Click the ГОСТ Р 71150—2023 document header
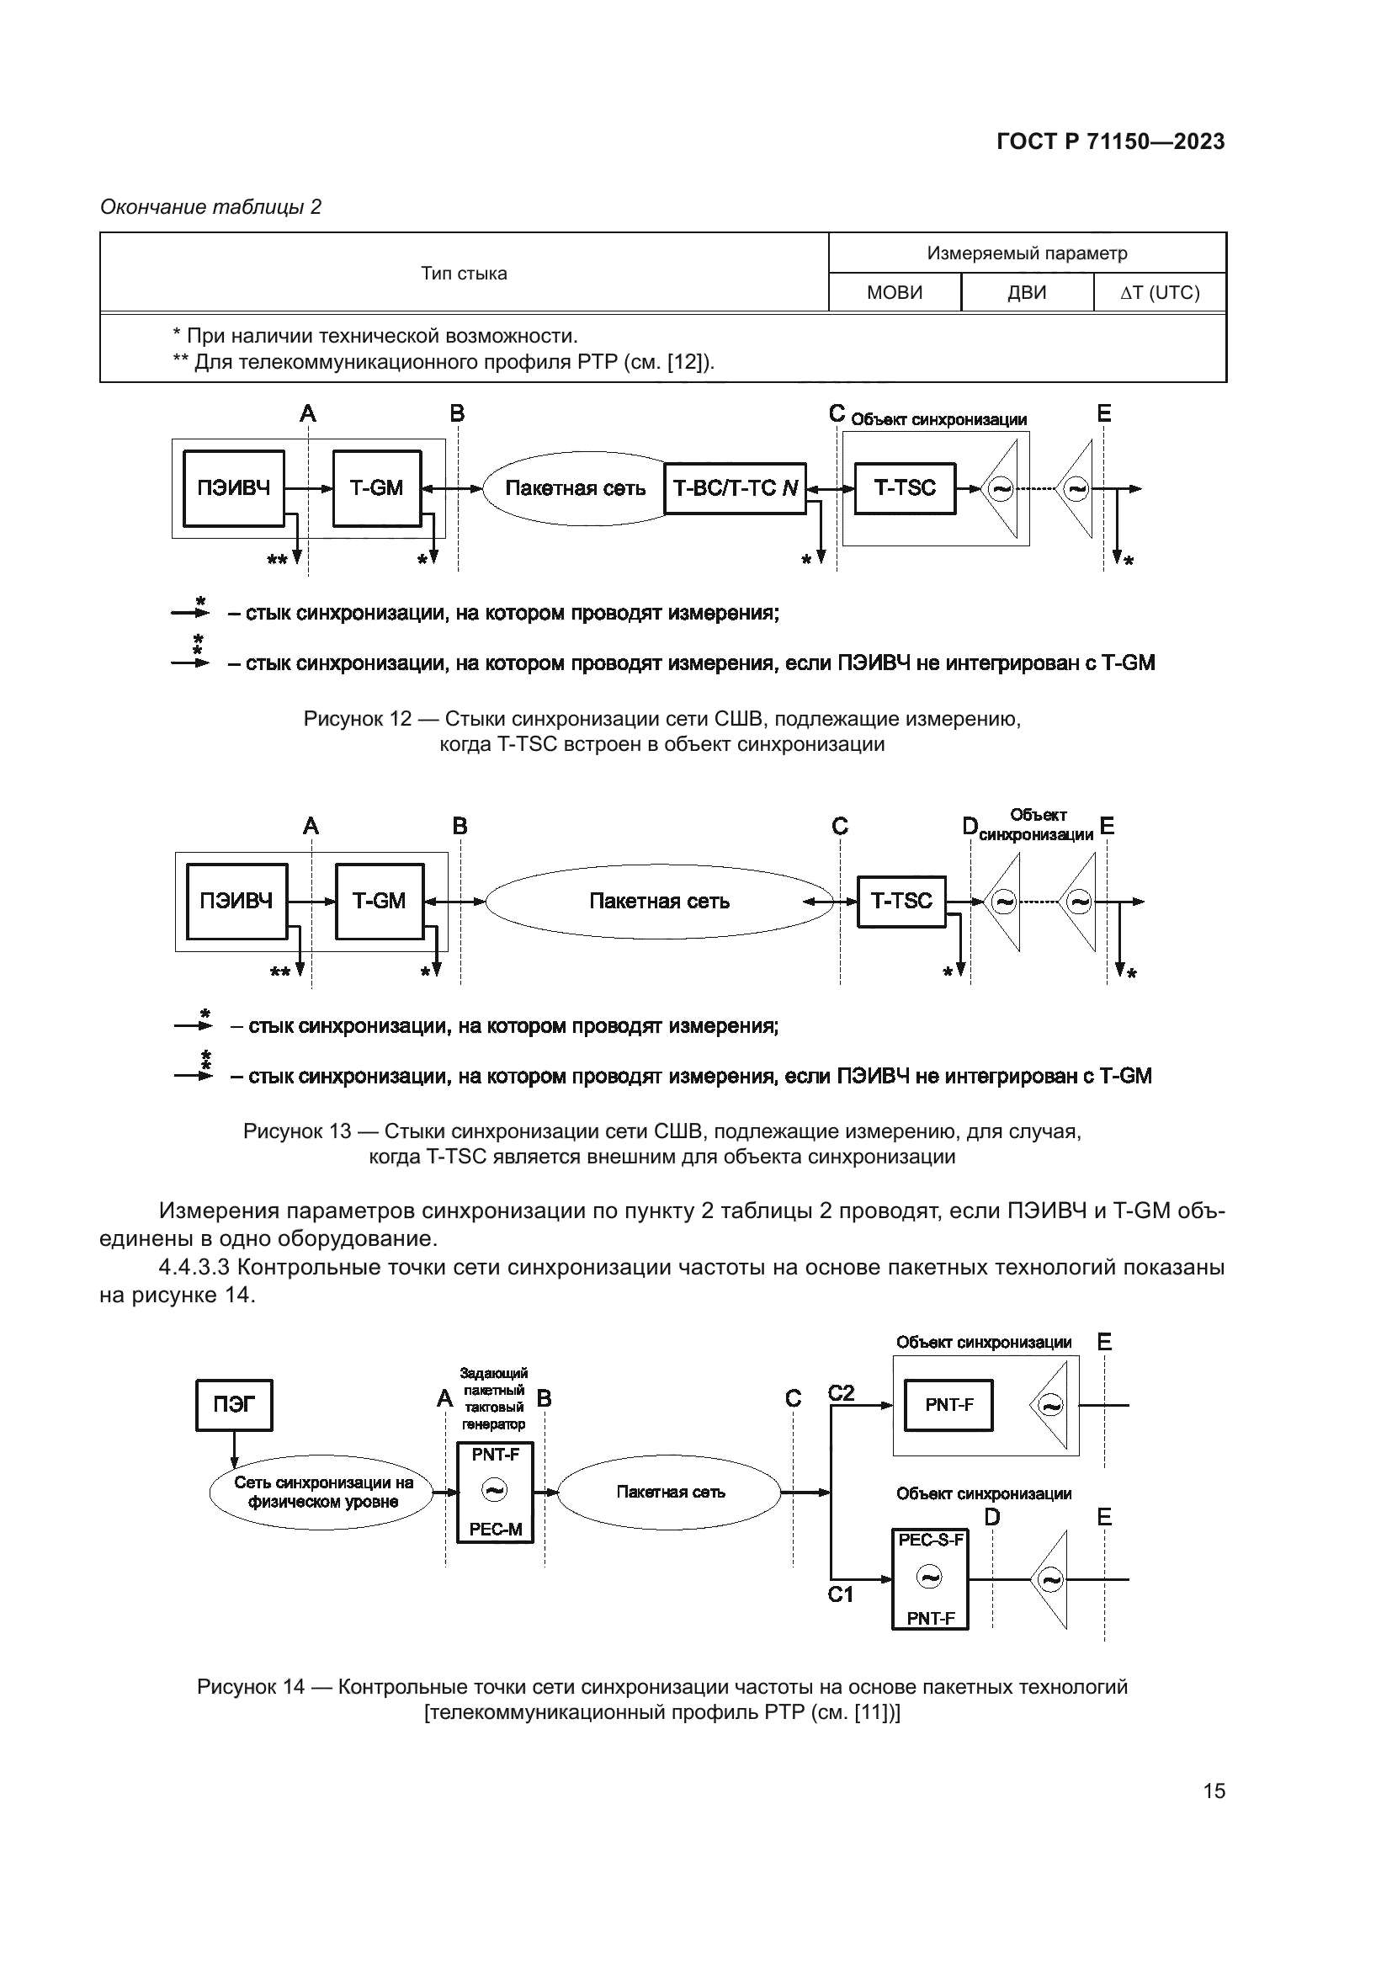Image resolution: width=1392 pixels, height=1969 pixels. coord(1110,141)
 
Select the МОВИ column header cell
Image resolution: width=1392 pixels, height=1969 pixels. coord(894,292)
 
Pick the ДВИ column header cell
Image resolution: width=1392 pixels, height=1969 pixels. coord(1027,292)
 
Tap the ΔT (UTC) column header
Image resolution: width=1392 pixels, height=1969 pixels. coord(1160,292)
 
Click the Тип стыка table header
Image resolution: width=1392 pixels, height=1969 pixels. coord(464,273)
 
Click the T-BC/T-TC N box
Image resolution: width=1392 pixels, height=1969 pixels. coord(736,488)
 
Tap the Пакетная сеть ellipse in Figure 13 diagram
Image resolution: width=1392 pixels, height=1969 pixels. coord(659,901)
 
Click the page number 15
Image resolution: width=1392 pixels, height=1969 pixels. coord(1214,1791)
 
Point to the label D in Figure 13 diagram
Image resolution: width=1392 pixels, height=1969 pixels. coord(970,826)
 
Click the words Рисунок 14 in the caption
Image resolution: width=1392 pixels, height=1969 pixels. coord(250,1687)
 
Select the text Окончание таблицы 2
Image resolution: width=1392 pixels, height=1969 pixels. coord(211,207)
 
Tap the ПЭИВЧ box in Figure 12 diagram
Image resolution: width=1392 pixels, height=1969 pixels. coord(234,488)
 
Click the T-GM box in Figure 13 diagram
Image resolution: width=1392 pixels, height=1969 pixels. coord(379,901)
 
